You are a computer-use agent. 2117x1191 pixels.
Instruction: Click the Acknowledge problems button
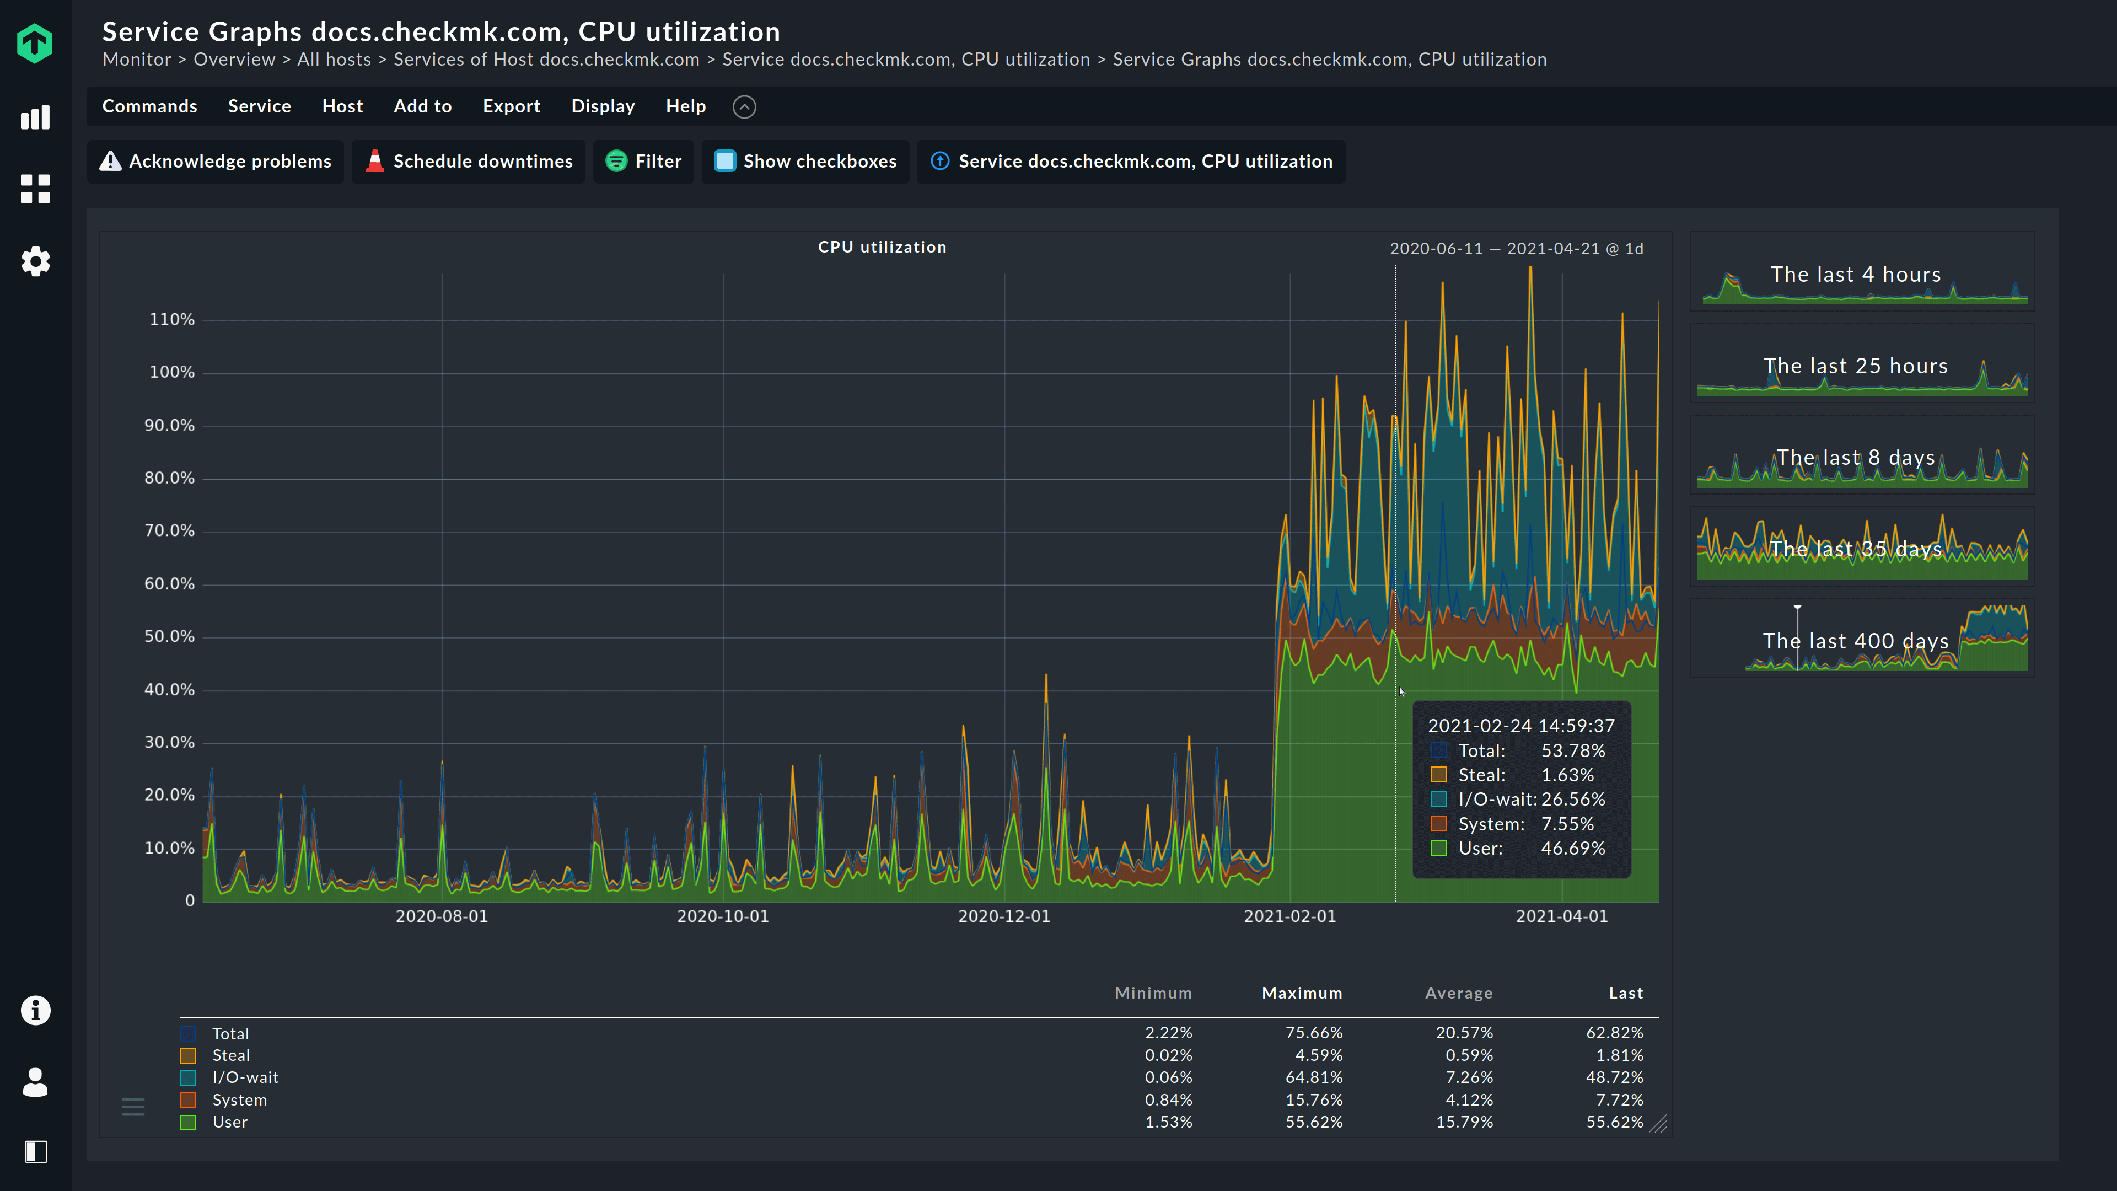[216, 161]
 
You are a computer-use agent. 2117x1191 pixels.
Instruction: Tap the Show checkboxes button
[805, 161]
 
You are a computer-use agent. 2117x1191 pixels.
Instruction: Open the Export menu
[511, 106]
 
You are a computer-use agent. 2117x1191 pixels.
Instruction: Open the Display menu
[603, 106]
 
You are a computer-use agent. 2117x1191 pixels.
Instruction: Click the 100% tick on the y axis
[172, 372]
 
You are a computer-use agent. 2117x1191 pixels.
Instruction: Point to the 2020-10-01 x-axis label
[722, 916]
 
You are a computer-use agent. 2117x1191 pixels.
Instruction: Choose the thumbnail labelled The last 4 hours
[1861, 273]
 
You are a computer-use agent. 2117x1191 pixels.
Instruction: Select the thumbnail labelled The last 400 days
[1861, 640]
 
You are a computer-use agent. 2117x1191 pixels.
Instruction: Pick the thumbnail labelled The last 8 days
[1861, 457]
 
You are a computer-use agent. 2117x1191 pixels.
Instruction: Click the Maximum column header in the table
[1302, 993]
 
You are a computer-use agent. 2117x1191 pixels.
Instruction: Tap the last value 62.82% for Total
[1614, 1032]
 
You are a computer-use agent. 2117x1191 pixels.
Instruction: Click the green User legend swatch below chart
[188, 1123]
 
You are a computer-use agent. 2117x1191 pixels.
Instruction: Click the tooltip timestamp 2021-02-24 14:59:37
[1520, 726]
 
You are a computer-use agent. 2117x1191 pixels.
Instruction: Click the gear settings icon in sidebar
[35, 261]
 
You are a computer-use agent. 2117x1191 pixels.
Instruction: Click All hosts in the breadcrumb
[334, 59]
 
